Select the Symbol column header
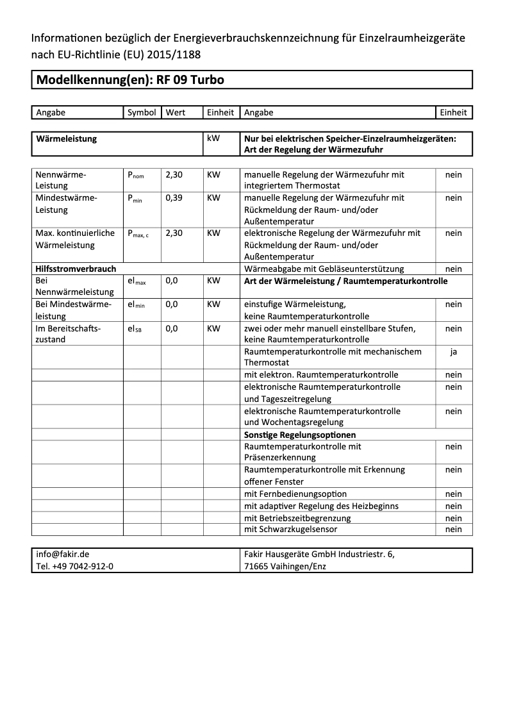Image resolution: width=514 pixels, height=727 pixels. [x=142, y=113]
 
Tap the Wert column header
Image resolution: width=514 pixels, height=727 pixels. [x=175, y=113]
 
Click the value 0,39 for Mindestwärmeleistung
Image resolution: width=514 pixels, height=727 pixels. [x=174, y=198]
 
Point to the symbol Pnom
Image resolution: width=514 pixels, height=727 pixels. [x=136, y=175]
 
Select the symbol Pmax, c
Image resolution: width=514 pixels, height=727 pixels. [x=138, y=233]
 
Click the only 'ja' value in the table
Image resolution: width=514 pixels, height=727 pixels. [x=453, y=351]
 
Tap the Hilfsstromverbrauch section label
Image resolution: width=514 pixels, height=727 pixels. [x=76, y=269]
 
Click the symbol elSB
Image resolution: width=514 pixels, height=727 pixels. [x=135, y=329]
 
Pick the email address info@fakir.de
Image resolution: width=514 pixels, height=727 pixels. [x=63, y=555]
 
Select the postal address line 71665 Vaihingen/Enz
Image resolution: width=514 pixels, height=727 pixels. [x=285, y=567]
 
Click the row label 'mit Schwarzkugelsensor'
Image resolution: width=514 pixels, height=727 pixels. [x=290, y=530]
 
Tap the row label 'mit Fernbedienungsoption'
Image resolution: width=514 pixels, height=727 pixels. [x=295, y=494]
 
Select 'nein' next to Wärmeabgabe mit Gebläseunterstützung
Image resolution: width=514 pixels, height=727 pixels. [x=453, y=269]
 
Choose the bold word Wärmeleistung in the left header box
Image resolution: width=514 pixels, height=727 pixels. [x=67, y=138]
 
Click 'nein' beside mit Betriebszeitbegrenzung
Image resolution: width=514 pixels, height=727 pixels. [x=453, y=518]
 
